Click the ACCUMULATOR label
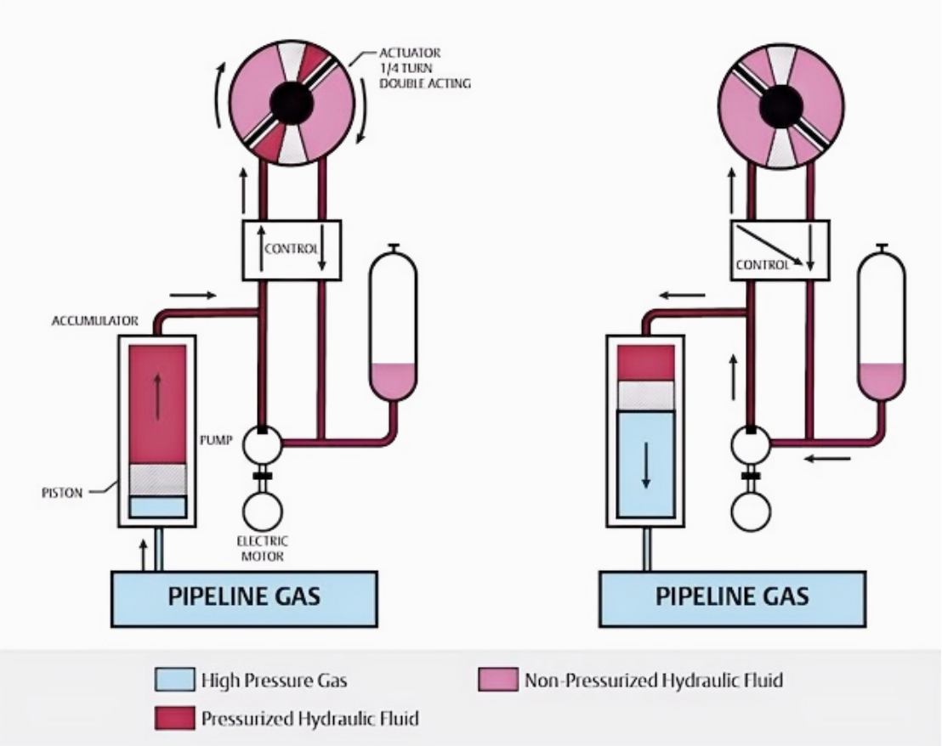[95, 320]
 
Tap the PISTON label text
[62, 493]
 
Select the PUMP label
[216, 440]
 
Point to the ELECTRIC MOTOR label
[262, 549]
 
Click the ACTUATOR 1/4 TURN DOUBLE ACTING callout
[424, 68]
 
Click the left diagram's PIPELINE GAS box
[244, 599]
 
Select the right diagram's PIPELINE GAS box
[732, 599]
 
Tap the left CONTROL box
[292, 250]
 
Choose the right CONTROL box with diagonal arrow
[780, 250]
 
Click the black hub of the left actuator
[292, 103]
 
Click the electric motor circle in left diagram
[262, 511]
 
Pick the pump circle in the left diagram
[262, 444]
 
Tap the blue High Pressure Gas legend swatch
[174, 680]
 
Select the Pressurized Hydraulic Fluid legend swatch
[174, 718]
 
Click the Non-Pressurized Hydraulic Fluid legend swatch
[498, 680]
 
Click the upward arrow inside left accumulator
[157, 397]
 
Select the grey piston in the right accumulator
[646, 395]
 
